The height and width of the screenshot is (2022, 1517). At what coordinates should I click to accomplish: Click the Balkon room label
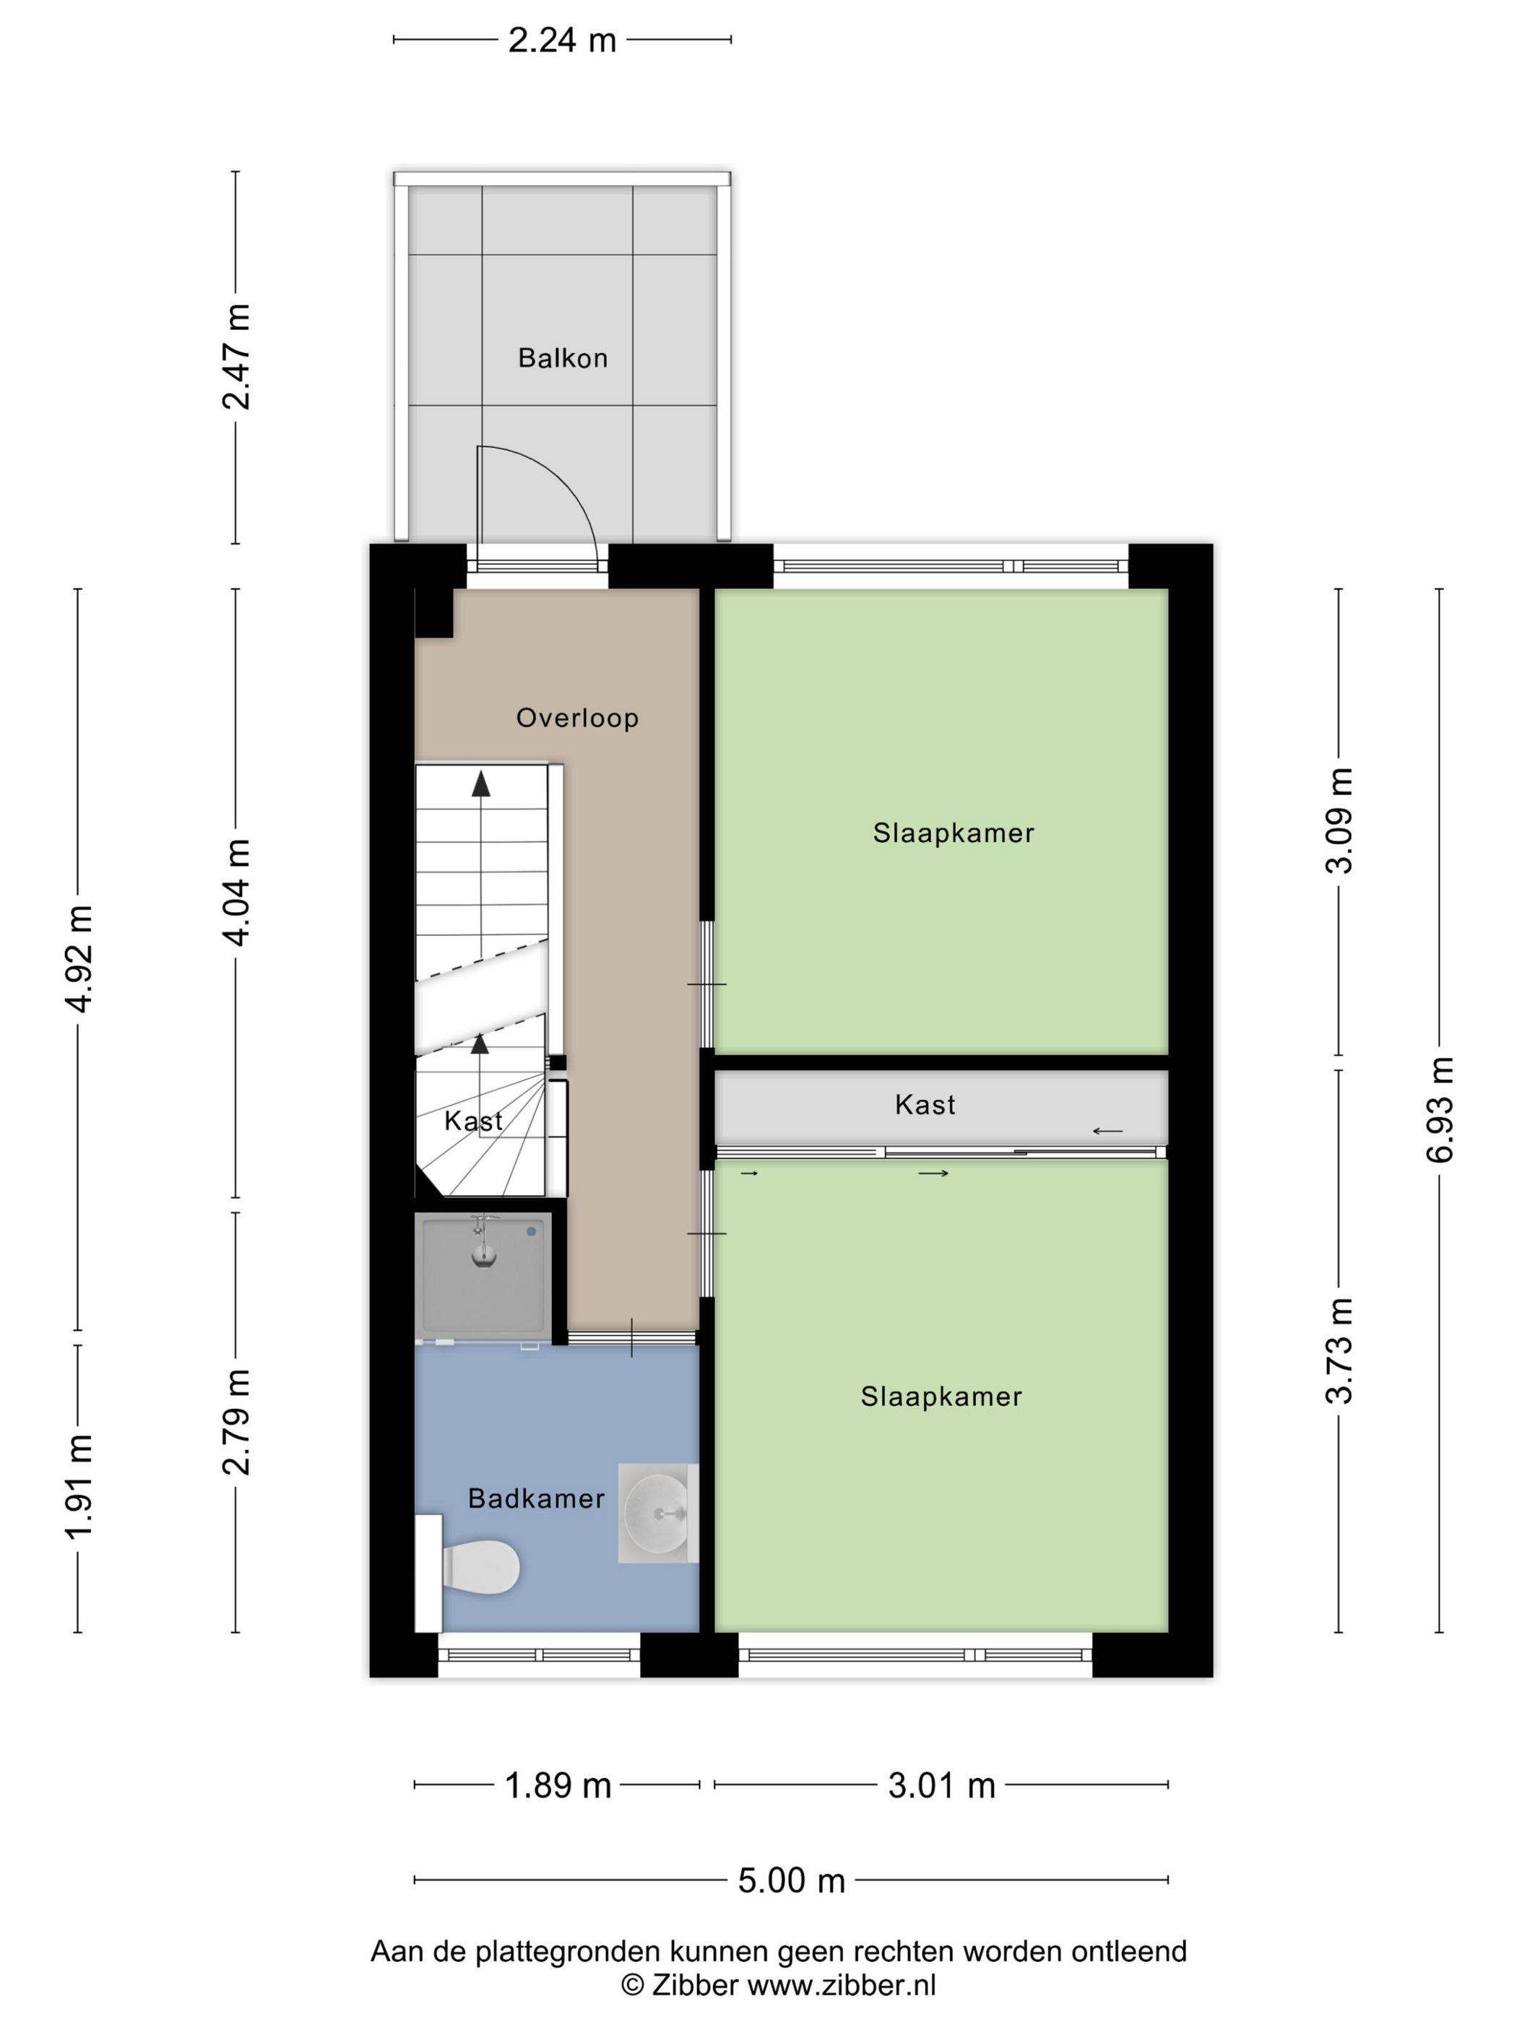click(x=562, y=357)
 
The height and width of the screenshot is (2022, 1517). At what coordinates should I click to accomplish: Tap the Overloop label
click(x=577, y=718)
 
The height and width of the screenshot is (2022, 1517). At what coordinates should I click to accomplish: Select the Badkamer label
click(x=536, y=1498)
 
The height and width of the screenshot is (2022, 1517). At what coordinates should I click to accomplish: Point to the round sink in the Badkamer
click(x=657, y=1513)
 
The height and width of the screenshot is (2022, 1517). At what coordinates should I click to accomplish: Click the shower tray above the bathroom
click(x=483, y=1276)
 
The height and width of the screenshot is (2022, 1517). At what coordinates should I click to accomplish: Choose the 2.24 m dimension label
click(x=562, y=40)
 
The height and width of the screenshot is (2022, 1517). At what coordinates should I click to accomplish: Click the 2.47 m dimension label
click(x=236, y=357)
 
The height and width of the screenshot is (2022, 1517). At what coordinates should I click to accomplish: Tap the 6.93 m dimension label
click(x=1439, y=1108)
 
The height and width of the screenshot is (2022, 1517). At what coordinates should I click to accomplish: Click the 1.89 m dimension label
click(x=558, y=1785)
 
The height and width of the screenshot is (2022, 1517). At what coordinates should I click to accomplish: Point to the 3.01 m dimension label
click(x=942, y=1785)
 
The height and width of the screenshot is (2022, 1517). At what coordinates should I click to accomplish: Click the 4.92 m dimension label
click(x=79, y=959)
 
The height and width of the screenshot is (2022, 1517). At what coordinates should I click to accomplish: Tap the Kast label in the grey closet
click(x=925, y=1105)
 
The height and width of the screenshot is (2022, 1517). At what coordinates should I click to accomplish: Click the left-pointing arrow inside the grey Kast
click(x=1107, y=1132)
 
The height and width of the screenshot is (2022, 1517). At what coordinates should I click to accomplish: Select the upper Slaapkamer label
click(x=954, y=833)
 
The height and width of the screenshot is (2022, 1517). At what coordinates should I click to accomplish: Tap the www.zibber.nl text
click(x=842, y=1984)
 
